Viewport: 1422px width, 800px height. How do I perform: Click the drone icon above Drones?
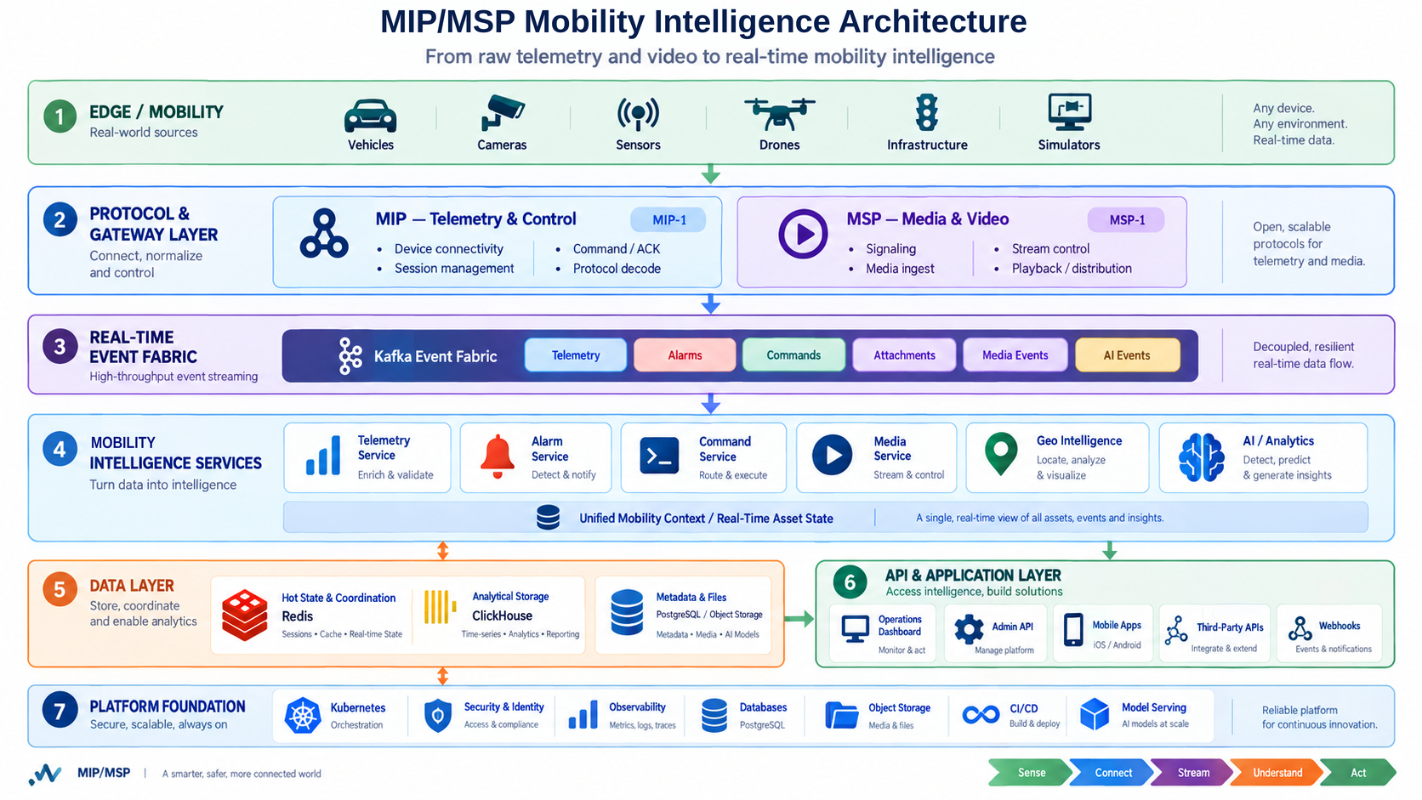click(x=780, y=114)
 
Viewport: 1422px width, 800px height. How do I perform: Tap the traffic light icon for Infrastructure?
click(x=927, y=112)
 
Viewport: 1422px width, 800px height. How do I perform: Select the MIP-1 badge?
click(x=668, y=219)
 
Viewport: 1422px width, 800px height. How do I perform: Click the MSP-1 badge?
click(x=1126, y=219)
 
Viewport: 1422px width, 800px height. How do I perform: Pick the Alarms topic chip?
click(x=685, y=355)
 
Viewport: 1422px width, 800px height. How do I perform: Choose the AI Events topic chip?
click(x=1127, y=355)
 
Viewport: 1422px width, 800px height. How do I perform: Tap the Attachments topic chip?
click(x=904, y=355)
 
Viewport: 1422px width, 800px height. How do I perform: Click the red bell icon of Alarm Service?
click(x=498, y=457)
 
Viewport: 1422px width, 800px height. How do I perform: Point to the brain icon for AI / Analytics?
click(x=1201, y=457)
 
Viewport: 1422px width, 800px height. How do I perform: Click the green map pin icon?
click(x=1001, y=454)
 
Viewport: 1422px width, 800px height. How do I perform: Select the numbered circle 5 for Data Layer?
click(x=60, y=589)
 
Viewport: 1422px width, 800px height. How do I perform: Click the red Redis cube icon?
click(x=244, y=614)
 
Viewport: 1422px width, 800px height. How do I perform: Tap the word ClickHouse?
click(x=502, y=616)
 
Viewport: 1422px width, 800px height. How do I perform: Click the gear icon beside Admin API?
click(x=969, y=629)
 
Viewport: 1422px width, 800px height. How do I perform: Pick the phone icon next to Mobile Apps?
click(x=1072, y=630)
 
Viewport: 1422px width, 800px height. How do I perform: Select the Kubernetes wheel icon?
click(x=303, y=716)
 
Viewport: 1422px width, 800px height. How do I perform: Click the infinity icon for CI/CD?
click(x=980, y=715)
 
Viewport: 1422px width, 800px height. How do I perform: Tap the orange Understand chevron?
click(x=1277, y=773)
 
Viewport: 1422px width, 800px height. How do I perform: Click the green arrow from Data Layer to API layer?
click(x=799, y=619)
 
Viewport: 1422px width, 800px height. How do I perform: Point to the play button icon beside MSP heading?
click(x=803, y=234)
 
